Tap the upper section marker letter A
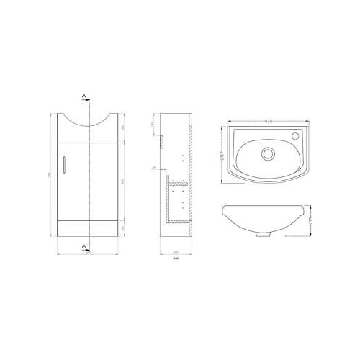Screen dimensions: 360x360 84,95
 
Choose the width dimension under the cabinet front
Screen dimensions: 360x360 89,252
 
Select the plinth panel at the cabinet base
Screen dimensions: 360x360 88,228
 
